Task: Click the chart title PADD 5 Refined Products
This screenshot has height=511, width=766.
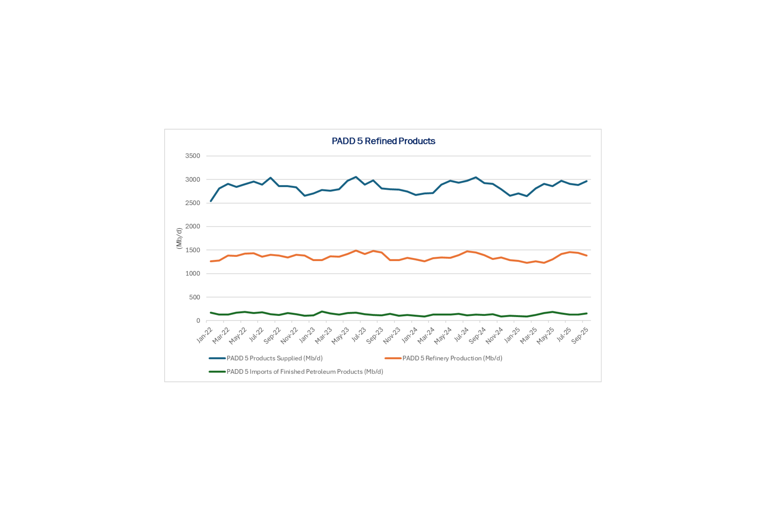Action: coord(383,141)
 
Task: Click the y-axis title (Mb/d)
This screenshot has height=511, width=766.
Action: coord(179,238)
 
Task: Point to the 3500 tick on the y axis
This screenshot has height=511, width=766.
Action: coord(193,156)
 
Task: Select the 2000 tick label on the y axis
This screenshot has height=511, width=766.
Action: coord(193,226)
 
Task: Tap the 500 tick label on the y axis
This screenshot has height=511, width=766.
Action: coord(194,297)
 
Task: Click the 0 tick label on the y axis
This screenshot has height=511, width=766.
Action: coord(198,321)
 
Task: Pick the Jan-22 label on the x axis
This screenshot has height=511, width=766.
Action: coord(204,335)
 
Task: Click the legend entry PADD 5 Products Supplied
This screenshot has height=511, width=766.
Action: coord(274,358)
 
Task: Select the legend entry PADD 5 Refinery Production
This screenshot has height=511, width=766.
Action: coord(452,358)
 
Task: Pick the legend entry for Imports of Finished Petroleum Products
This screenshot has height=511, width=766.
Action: coord(305,372)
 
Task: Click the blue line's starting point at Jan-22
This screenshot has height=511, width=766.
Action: coord(211,201)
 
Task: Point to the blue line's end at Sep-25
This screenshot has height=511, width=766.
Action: coord(587,181)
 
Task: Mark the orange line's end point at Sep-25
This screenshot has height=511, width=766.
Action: coord(587,256)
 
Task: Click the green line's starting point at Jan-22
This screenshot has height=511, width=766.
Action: coord(211,313)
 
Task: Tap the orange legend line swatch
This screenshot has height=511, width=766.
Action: coord(393,358)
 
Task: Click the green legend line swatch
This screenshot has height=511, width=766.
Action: coord(217,372)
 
